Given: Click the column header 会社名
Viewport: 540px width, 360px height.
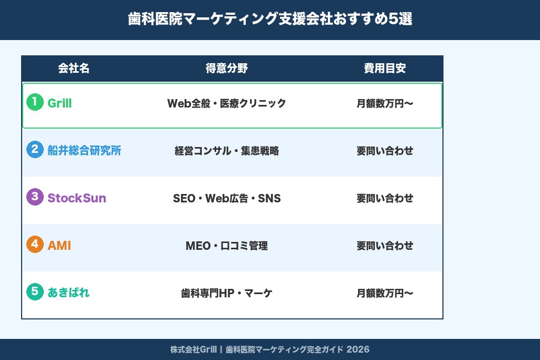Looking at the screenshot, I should tap(74, 69).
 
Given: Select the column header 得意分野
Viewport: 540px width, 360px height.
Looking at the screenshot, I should tap(227, 69).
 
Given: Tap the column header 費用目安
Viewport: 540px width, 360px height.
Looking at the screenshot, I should tap(385, 69).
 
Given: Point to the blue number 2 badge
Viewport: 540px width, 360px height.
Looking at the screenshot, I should tap(35, 150).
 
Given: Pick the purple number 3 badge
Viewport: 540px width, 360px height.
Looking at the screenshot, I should tap(35, 197).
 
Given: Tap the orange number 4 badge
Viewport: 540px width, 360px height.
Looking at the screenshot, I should tap(35, 245).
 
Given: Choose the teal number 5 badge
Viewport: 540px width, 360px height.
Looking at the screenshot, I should tap(35, 291).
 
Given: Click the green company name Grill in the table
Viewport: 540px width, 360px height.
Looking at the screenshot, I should tap(60, 103).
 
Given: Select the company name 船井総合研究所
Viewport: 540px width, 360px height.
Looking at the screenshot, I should tap(84, 151).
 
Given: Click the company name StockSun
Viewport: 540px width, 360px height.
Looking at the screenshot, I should tap(77, 198).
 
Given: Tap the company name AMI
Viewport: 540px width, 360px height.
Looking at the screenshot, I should tap(59, 246).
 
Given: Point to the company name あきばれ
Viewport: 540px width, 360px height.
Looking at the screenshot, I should tap(69, 293).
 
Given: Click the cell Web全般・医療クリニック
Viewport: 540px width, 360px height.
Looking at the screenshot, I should tap(227, 103).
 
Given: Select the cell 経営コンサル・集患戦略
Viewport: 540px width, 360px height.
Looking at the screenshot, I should tap(227, 151).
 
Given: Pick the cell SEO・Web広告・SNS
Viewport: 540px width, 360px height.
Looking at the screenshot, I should tap(227, 199).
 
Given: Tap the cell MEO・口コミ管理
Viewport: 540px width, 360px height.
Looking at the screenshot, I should tap(227, 246).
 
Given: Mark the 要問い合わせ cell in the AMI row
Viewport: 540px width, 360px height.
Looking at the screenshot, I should tap(385, 246).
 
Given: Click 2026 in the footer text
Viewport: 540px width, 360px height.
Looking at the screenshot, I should tap(358, 349).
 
